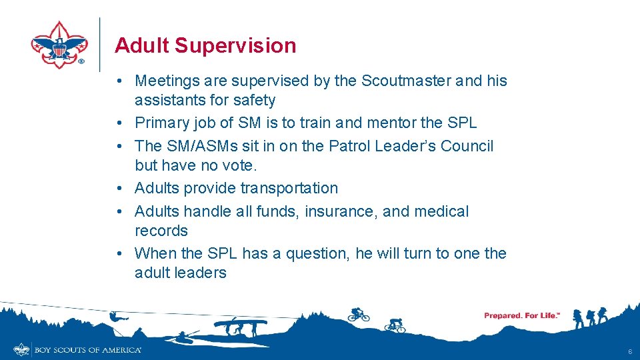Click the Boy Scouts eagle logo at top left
click(x=59, y=45)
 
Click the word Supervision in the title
click(x=235, y=46)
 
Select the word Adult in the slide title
click(x=142, y=46)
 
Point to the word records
click(x=161, y=231)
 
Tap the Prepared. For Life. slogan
click(x=521, y=315)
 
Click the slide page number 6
click(x=629, y=351)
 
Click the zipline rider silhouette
click(x=116, y=317)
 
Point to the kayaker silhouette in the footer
click(x=183, y=336)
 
